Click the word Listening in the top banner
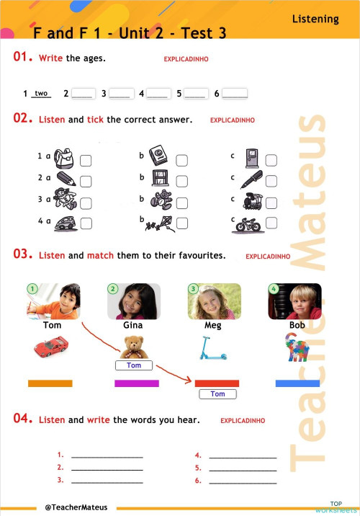click(x=315, y=19)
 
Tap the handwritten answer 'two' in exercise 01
click(x=41, y=94)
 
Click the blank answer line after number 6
click(x=235, y=94)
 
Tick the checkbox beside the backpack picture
click(x=86, y=160)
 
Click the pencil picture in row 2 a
click(x=66, y=179)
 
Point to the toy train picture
click(x=248, y=201)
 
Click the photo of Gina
click(x=133, y=301)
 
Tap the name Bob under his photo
click(x=297, y=326)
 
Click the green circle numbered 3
click(x=193, y=289)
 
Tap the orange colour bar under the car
click(x=50, y=383)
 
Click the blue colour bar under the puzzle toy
click(x=297, y=383)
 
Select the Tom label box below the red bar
click(x=217, y=394)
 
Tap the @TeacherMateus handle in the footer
click(x=76, y=507)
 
